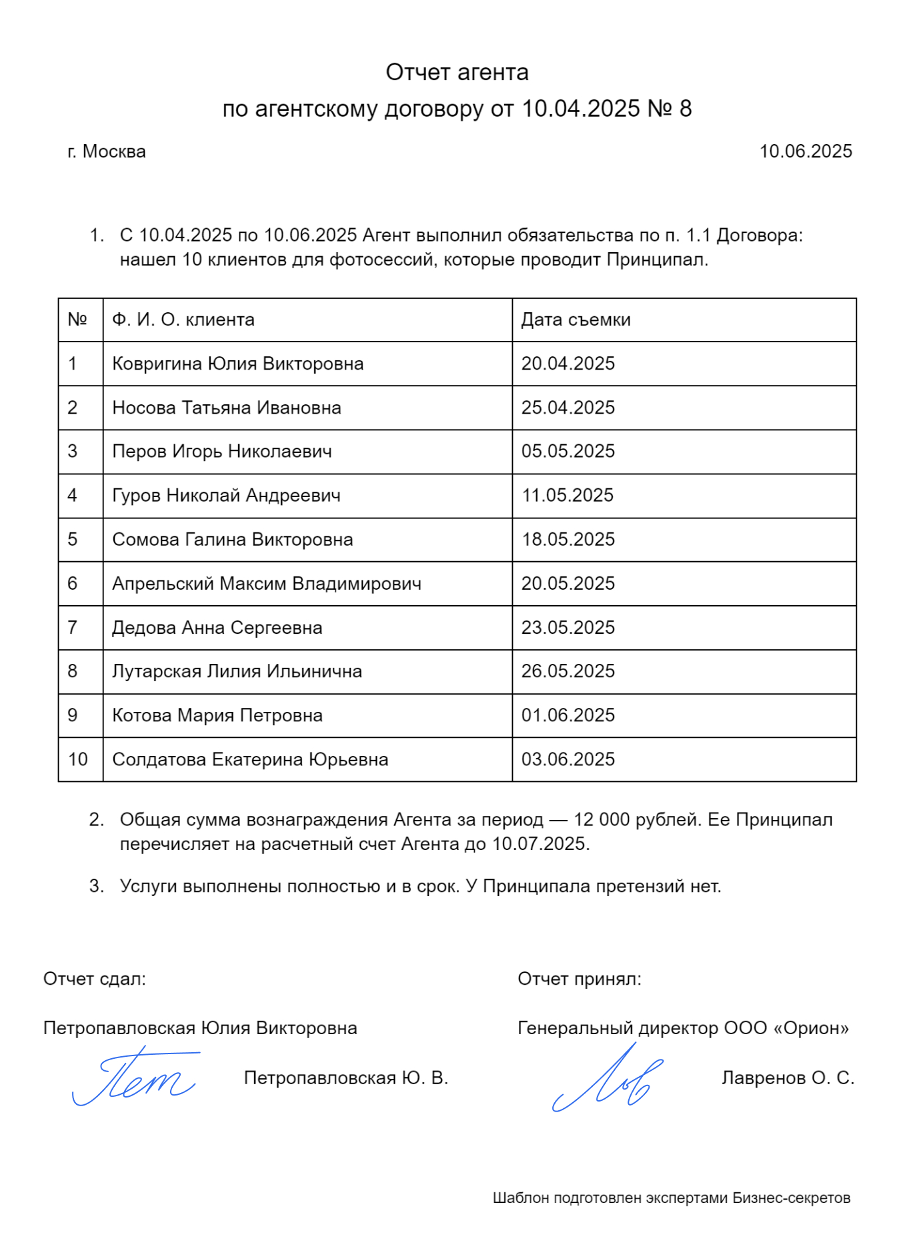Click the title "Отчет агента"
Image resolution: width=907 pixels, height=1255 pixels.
pyautogui.click(x=457, y=72)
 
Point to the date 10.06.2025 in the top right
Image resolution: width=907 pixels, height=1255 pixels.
pyautogui.click(x=806, y=151)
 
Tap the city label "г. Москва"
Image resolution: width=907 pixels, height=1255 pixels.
pyautogui.click(x=107, y=151)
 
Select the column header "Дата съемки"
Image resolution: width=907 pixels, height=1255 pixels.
pyautogui.click(x=576, y=320)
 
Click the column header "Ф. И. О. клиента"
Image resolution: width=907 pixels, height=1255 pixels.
pyautogui.click(x=183, y=320)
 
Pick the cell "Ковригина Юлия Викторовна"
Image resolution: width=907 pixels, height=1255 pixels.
pyautogui.click(x=237, y=364)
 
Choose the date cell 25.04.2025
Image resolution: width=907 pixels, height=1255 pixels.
pyautogui.click(x=568, y=408)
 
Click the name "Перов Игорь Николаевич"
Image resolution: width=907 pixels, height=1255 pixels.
pyautogui.click(x=221, y=452)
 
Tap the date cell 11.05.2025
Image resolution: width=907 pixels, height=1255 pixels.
pyautogui.click(x=567, y=496)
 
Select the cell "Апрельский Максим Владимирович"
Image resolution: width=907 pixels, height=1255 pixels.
pyautogui.click(x=267, y=584)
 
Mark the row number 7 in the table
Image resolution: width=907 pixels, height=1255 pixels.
pyautogui.click(x=73, y=628)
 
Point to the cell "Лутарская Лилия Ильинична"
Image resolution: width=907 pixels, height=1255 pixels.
pyautogui.click(x=237, y=671)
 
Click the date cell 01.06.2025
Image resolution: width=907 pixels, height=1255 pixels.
pyautogui.click(x=568, y=715)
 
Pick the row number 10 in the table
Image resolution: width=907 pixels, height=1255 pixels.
pyautogui.click(x=77, y=759)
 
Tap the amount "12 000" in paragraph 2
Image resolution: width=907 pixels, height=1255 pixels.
pyautogui.click(x=602, y=819)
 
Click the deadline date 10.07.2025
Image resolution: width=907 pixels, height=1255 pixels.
pyautogui.click(x=540, y=844)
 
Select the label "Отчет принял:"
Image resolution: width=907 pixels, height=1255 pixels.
pyautogui.click(x=579, y=979)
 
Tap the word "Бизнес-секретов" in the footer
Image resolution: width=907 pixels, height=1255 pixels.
pyautogui.click(x=791, y=1198)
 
